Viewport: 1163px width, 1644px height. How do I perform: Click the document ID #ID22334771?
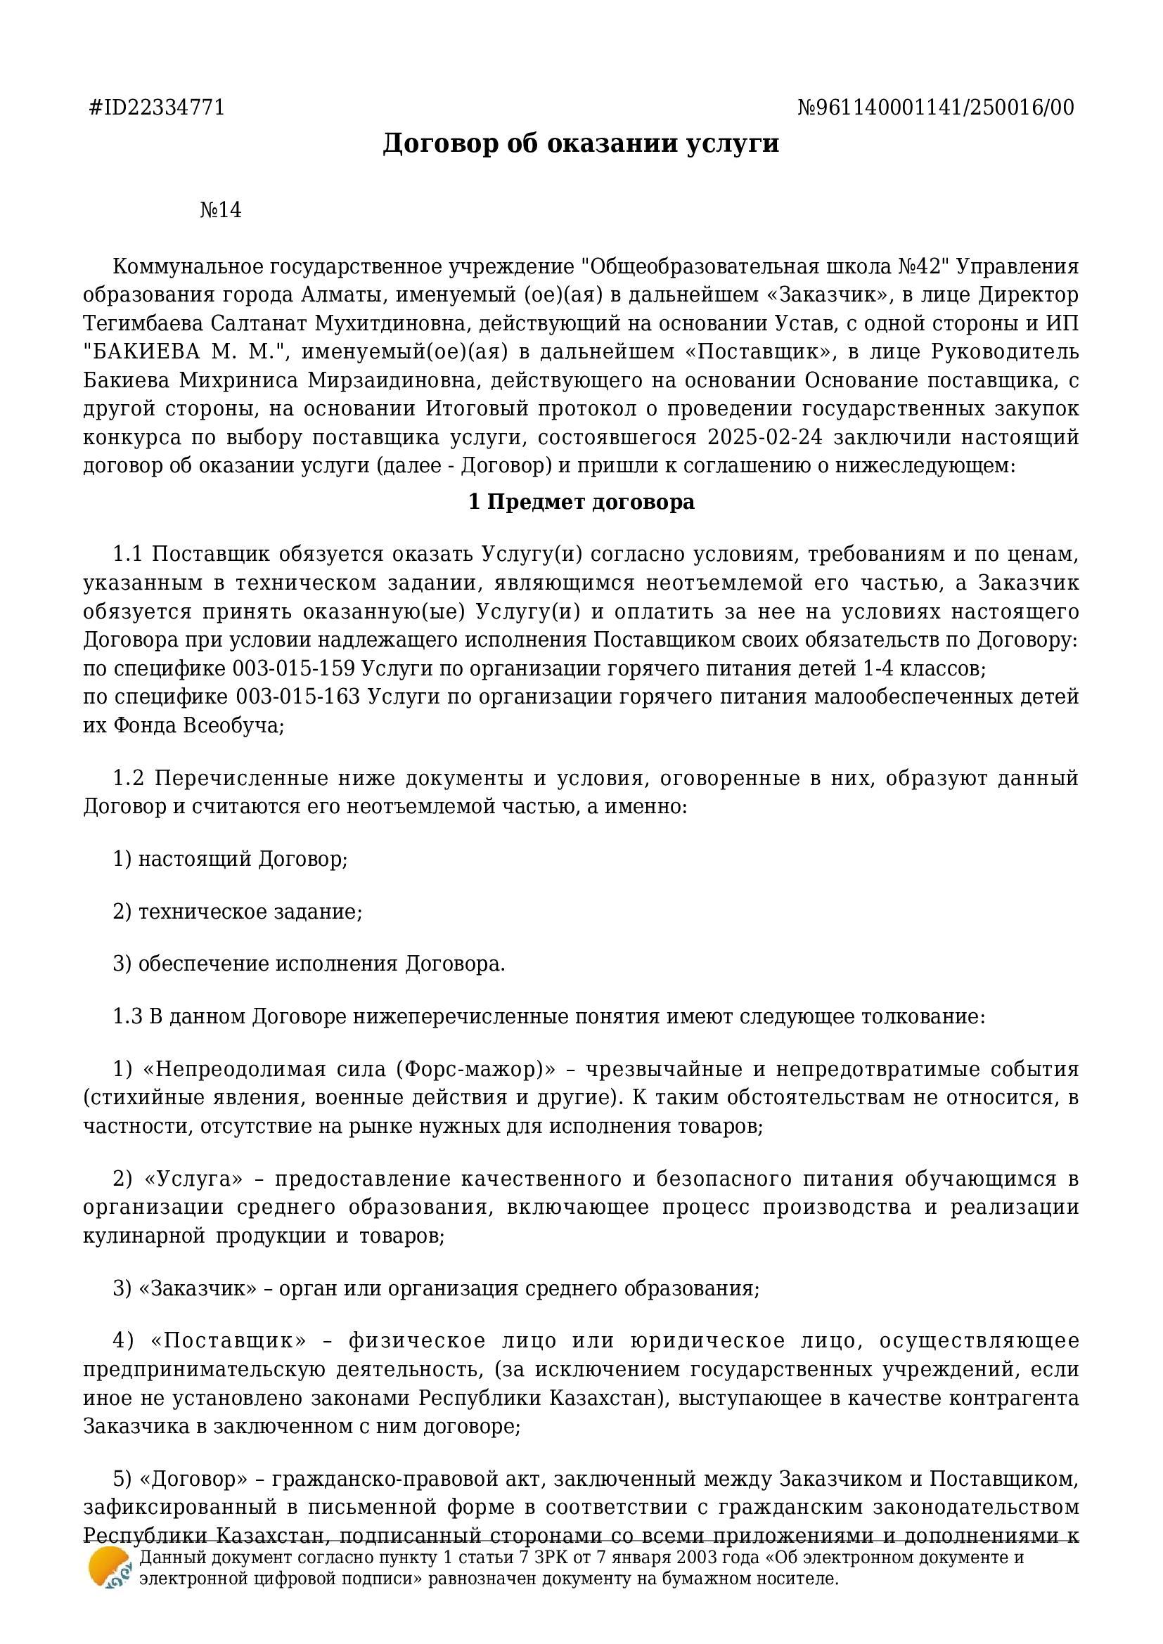(157, 108)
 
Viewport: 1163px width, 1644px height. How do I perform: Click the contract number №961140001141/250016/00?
(936, 108)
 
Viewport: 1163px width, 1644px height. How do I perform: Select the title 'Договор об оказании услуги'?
(581, 143)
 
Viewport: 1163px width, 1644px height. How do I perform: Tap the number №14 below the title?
(221, 211)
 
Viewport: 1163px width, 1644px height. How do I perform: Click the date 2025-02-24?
(764, 437)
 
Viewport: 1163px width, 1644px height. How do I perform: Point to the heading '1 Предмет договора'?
(581, 502)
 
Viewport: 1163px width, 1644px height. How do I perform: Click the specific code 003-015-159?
(294, 668)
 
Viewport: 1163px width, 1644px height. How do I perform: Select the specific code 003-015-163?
(298, 697)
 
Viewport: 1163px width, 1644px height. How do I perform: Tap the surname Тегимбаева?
(143, 323)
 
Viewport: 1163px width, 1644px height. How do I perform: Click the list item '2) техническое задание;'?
(237, 912)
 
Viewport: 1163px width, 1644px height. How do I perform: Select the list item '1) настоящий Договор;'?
(230, 858)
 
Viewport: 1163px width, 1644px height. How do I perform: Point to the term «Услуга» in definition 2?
(193, 1179)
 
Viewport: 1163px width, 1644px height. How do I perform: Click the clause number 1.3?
(127, 1017)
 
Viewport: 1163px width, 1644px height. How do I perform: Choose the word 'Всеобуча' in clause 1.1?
(231, 726)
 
